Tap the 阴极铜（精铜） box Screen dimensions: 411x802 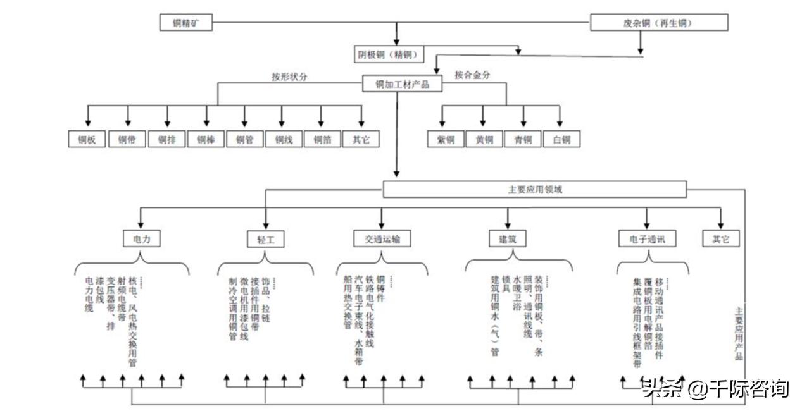pyautogui.click(x=388, y=55)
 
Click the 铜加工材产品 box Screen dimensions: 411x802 pyautogui.click(x=402, y=84)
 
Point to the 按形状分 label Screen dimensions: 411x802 pyautogui.click(x=291, y=77)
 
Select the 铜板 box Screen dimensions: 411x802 pyautogui.click(x=87, y=139)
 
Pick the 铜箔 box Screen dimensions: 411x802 pyautogui.click(x=322, y=139)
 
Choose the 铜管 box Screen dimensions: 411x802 pyautogui.click(x=244, y=139)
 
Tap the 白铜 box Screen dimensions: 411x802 pyautogui.click(x=561, y=139)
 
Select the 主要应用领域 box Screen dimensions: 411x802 pyautogui.click(x=535, y=189)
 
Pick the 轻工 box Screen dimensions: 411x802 pyautogui.click(x=266, y=239)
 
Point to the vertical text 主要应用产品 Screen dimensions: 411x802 pyautogui.click(x=738, y=333)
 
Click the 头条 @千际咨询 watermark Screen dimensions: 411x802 pyautogui.click(x=716, y=387)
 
